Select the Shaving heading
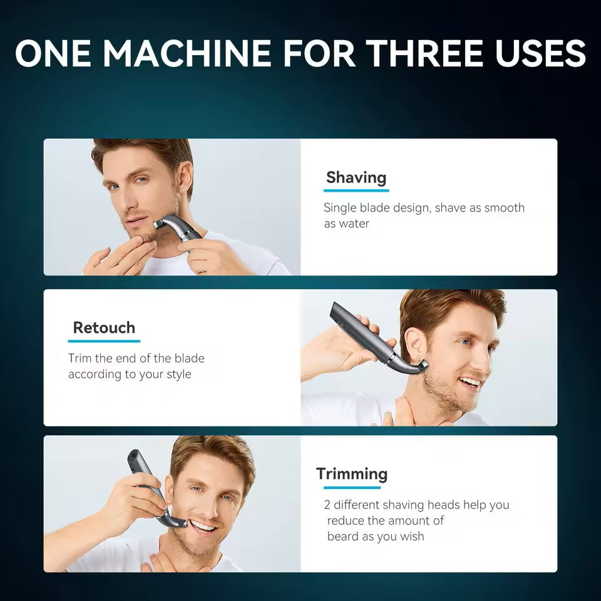point(356,177)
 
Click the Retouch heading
point(104,327)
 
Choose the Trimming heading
point(352,474)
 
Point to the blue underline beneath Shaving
point(356,190)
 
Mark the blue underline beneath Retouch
point(104,341)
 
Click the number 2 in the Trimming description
point(327,505)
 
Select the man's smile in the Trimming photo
point(202,526)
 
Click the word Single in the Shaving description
point(340,208)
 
